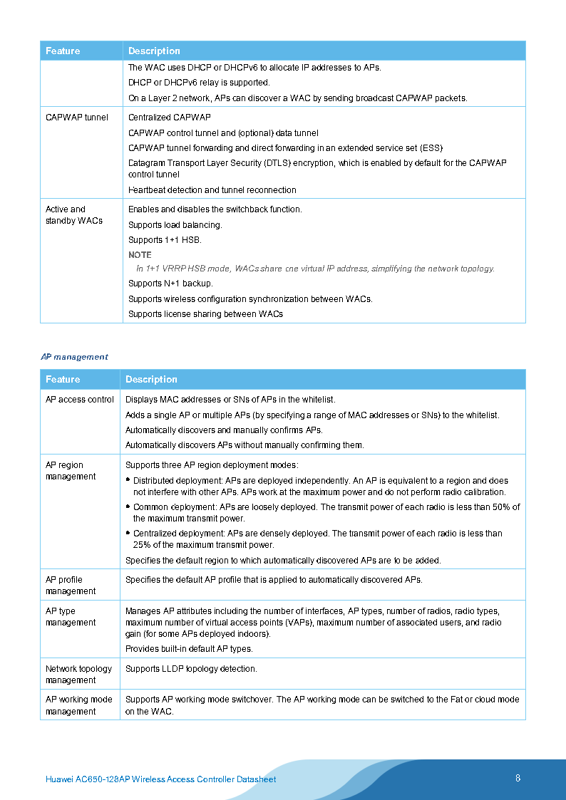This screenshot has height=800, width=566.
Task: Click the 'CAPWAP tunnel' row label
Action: (x=77, y=118)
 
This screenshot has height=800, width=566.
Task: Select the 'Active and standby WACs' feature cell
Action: (x=74, y=215)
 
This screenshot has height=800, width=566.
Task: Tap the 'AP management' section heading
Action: (x=75, y=357)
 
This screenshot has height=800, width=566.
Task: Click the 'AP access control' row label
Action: (x=80, y=400)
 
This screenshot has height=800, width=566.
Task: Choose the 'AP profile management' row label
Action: (x=71, y=586)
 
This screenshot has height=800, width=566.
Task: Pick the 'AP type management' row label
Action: (x=71, y=617)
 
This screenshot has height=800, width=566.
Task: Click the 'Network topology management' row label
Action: (x=78, y=675)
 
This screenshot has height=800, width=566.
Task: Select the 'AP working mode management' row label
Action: (x=78, y=705)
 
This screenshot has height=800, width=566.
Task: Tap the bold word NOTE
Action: (x=140, y=255)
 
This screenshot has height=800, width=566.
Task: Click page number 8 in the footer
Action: (x=518, y=778)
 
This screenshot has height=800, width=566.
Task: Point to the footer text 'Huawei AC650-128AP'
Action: (x=86, y=779)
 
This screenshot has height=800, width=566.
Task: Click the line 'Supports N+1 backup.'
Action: (x=170, y=284)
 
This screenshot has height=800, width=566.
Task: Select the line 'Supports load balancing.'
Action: (x=175, y=225)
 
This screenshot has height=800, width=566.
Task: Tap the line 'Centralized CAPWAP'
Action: (x=170, y=118)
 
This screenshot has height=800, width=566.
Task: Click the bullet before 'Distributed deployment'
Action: (x=128, y=480)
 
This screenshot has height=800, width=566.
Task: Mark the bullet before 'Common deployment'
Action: (x=128, y=507)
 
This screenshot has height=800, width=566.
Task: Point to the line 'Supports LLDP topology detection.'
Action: (x=191, y=669)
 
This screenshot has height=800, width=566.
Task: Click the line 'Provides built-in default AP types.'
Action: (x=189, y=649)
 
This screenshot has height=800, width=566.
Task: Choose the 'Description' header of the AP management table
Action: (x=151, y=380)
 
